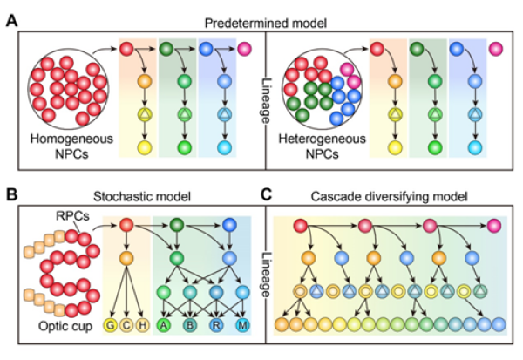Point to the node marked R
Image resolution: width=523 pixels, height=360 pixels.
tap(218, 325)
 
